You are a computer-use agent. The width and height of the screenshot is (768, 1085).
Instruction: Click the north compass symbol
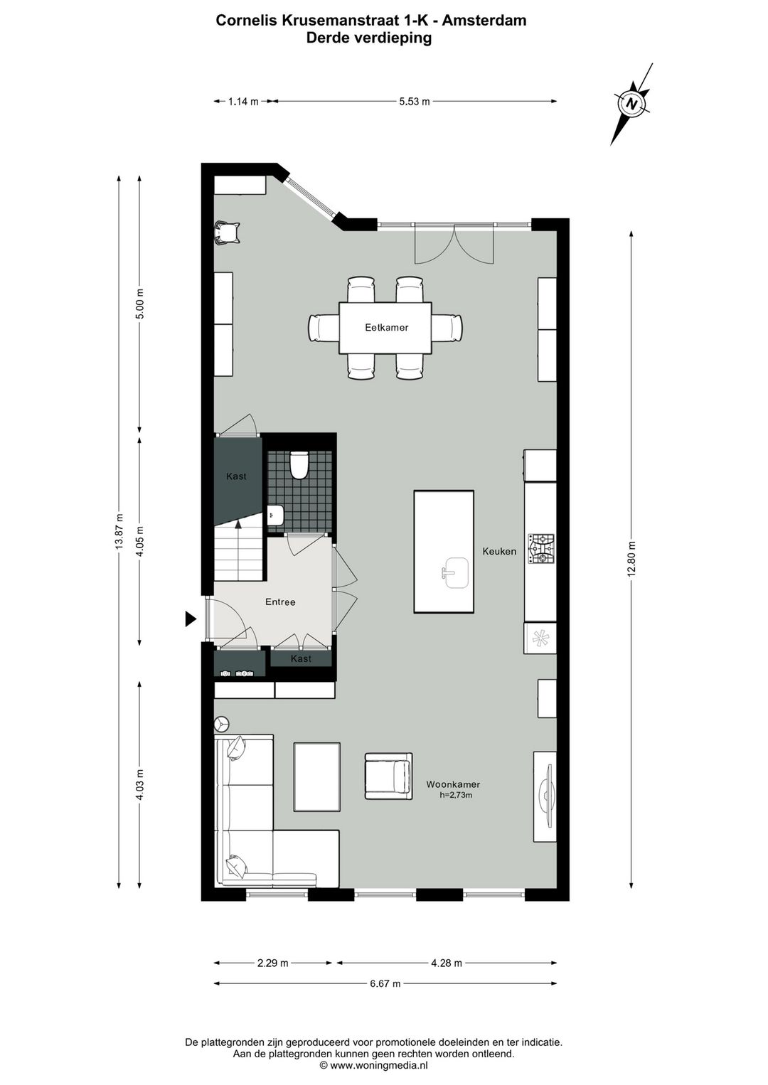click(x=631, y=104)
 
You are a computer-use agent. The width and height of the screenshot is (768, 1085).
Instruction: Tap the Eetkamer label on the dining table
click(x=386, y=328)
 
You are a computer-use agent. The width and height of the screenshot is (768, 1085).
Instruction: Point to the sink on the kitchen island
click(x=454, y=572)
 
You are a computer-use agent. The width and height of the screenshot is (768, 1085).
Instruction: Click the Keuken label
click(x=499, y=551)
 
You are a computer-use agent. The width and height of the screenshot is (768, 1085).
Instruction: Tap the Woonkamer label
click(x=453, y=785)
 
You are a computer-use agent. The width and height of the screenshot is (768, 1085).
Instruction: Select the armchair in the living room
click(x=388, y=776)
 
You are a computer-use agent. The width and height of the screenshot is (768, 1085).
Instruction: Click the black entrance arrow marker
click(x=190, y=619)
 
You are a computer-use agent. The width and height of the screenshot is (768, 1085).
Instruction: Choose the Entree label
click(x=280, y=602)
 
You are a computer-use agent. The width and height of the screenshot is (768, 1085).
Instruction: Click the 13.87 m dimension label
click(x=119, y=531)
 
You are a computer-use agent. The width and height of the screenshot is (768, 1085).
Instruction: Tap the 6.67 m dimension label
click(x=385, y=984)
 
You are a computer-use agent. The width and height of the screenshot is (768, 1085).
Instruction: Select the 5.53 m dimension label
click(x=414, y=102)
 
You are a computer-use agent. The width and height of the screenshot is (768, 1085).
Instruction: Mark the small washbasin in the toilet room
click(x=274, y=515)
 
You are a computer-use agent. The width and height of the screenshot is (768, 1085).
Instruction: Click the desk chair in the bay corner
click(x=228, y=232)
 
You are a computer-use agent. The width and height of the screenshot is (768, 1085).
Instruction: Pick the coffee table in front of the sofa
click(x=317, y=776)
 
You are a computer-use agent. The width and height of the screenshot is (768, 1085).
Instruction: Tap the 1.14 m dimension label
click(x=242, y=102)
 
